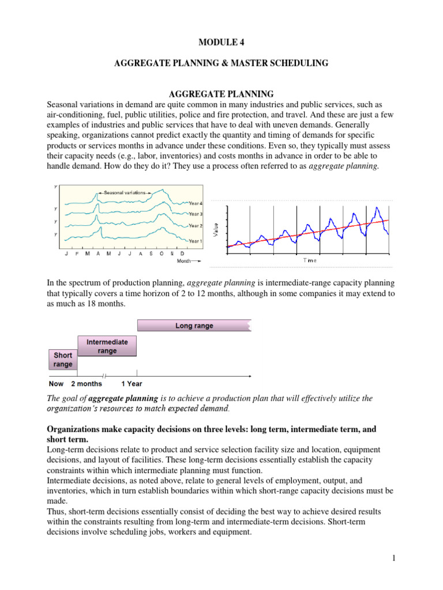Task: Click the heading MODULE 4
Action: [221, 42]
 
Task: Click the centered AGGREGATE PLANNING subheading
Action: [220, 93]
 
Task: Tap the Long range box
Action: [194, 326]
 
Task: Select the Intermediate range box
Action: [107, 346]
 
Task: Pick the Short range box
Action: [62, 360]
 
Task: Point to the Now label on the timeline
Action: [57, 384]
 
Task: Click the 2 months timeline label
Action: [87, 384]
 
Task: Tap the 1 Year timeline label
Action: [132, 384]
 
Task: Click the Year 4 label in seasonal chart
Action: [196, 203]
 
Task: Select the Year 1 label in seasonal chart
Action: [196, 241]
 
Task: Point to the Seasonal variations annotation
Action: [125, 192]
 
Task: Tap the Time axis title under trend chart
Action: [310, 260]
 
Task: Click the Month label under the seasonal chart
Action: [184, 261]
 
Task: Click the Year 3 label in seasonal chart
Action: [196, 214]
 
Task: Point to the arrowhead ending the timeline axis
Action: [249, 376]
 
